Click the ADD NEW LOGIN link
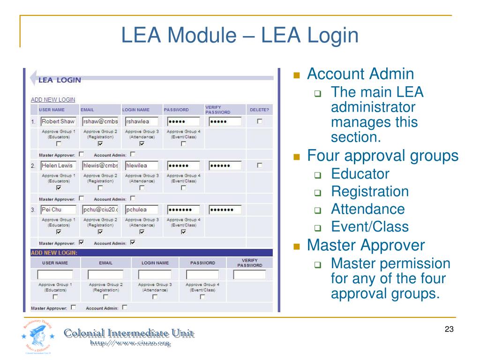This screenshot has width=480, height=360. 53,99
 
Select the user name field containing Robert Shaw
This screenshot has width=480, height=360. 58,121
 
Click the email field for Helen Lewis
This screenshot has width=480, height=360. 100,165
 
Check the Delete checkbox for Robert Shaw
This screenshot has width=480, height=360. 260,121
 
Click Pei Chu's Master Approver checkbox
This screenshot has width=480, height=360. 82,242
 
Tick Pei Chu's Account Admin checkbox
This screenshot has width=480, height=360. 132,242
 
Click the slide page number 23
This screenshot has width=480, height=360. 449,330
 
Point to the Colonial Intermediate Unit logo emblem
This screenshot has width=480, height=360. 37,336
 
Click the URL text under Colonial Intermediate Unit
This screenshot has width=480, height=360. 130,344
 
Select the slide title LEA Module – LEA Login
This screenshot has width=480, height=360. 240,36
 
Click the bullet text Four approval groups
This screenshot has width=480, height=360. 382,155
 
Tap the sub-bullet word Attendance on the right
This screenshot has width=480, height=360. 367,209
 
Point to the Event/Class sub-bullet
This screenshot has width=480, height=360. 370,227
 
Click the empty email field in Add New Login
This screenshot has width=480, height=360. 105,275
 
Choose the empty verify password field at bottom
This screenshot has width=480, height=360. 249,275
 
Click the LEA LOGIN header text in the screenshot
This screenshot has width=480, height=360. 60,80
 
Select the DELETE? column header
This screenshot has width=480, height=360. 259,110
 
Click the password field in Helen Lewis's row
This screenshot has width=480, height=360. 183,165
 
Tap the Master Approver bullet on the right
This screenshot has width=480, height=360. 366,245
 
